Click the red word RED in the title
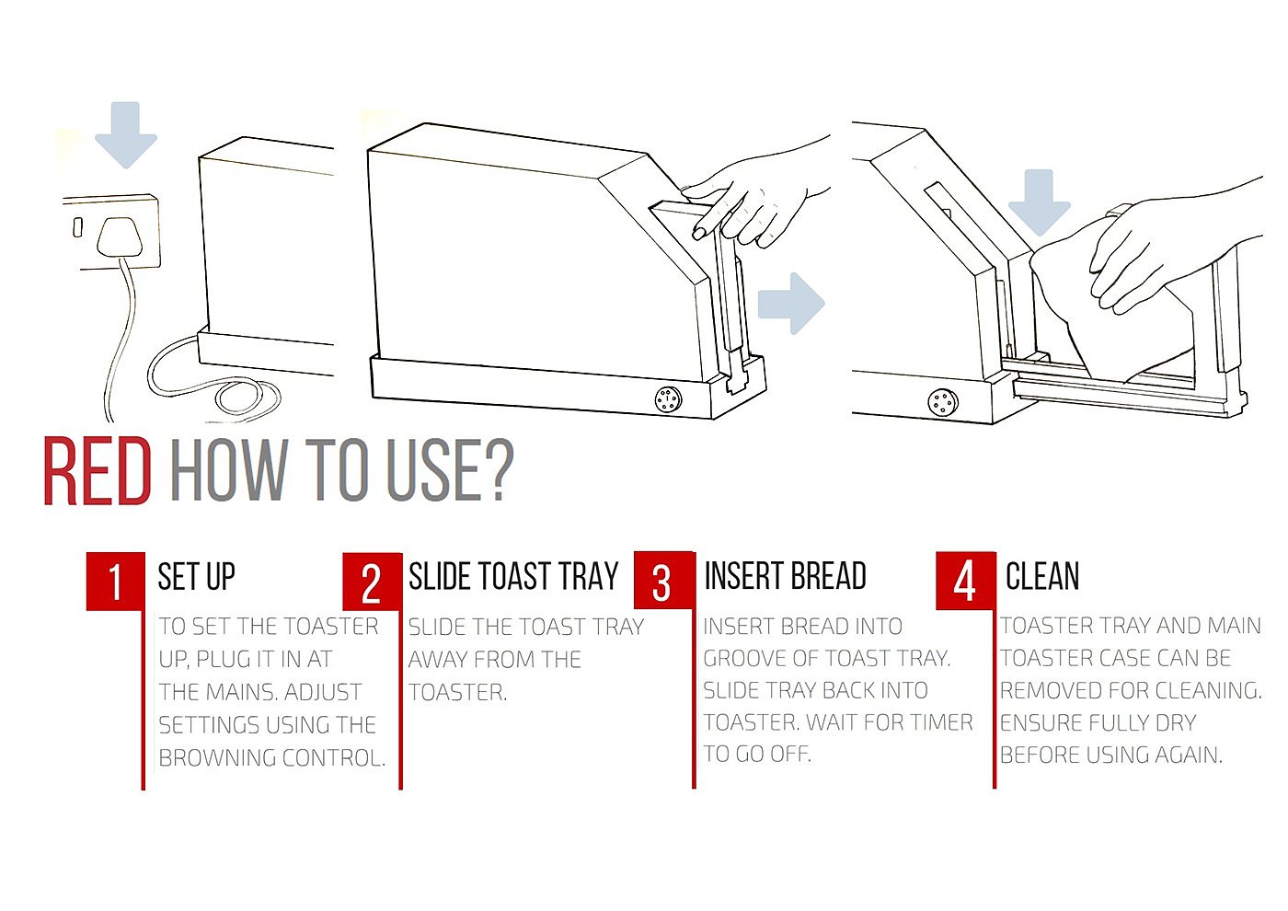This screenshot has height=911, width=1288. (x=98, y=471)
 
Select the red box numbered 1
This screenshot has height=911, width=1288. (x=116, y=581)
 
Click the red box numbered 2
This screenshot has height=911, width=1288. (x=372, y=582)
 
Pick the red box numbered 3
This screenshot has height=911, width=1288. (x=664, y=580)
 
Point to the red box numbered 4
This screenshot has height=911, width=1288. (x=965, y=581)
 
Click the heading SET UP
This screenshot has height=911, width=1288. (x=196, y=576)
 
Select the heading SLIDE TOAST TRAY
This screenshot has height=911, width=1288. (x=513, y=576)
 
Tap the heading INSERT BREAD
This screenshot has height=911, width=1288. (x=786, y=576)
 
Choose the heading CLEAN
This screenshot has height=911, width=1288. (x=1041, y=576)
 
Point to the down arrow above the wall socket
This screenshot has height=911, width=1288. (x=126, y=134)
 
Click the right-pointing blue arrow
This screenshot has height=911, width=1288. (x=791, y=303)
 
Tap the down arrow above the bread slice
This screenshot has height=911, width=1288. (x=1039, y=202)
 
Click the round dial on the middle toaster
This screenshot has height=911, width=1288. (x=668, y=399)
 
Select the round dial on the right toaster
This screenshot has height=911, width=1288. (x=943, y=403)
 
